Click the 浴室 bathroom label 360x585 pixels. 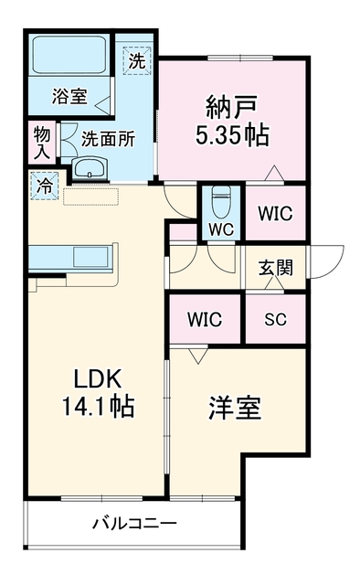(x=69, y=96)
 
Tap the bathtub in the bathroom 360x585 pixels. (x=69, y=55)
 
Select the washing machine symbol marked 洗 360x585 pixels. (x=137, y=61)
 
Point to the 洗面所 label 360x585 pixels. (x=108, y=140)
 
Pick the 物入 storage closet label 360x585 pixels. (x=42, y=143)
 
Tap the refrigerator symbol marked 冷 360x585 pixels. (x=45, y=186)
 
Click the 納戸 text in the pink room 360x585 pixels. (x=232, y=107)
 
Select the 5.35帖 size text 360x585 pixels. (x=232, y=134)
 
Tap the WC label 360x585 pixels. (x=221, y=229)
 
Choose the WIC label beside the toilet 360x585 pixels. (x=275, y=213)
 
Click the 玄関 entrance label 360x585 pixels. (x=276, y=268)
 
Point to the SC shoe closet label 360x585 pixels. (x=276, y=319)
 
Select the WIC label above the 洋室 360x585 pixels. (x=205, y=319)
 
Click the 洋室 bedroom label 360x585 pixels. (x=235, y=408)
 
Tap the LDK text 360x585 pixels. (x=98, y=378)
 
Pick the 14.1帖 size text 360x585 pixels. (x=98, y=406)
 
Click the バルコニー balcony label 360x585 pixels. (x=134, y=524)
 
